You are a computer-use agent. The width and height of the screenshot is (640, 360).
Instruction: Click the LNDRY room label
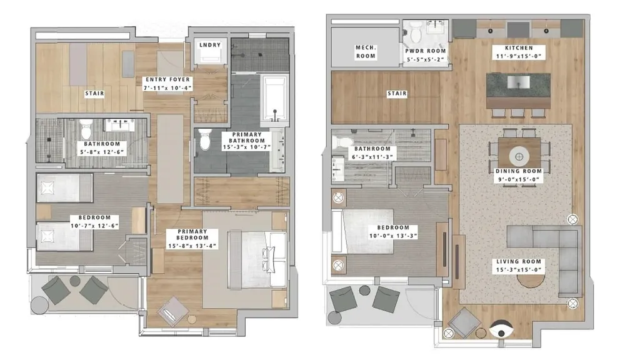click(210, 45)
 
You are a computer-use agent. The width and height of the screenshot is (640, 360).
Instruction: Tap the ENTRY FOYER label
click(167, 79)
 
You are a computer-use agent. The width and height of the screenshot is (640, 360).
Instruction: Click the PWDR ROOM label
click(425, 51)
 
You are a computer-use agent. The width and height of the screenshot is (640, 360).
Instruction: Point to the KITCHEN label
click(519, 47)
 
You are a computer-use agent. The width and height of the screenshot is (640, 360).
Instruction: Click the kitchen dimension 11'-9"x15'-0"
click(519, 56)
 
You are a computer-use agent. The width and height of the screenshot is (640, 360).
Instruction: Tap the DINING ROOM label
click(519, 171)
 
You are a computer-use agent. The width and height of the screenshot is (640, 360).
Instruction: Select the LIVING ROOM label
click(519, 262)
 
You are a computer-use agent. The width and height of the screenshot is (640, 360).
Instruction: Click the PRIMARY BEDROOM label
click(192, 234)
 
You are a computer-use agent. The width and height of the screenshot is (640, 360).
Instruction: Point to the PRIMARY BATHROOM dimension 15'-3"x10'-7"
click(247, 147)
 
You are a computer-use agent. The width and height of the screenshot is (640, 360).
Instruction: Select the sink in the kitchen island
click(518, 82)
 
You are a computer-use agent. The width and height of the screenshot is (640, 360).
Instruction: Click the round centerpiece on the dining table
click(519, 156)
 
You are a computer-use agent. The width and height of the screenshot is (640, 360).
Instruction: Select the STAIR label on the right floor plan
click(397, 94)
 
